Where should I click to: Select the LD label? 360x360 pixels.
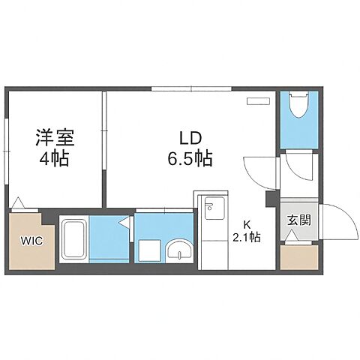tap(190, 139)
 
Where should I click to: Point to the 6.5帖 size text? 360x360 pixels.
tap(190, 159)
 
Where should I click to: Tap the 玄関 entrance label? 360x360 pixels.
tap(295, 220)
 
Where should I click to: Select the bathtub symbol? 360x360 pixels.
tap(74, 239)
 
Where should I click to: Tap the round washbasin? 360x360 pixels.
tap(178, 250)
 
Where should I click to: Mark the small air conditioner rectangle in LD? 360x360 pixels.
tap(259, 100)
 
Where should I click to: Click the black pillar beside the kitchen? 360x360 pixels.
tap(270, 199)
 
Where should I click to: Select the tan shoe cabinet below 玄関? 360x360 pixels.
tap(295, 257)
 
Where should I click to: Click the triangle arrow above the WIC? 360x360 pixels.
tap(19, 202)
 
